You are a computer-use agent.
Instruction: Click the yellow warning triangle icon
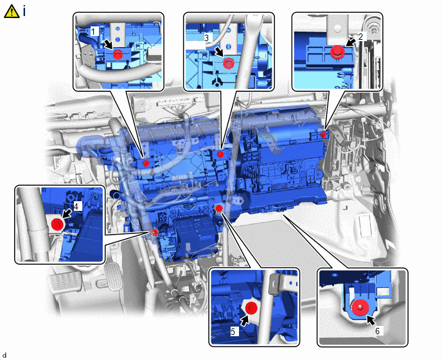tap(12, 12)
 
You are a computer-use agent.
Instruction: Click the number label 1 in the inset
tap(93, 32)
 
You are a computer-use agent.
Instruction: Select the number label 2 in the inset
tap(361, 36)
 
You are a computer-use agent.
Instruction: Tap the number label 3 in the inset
tap(207, 37)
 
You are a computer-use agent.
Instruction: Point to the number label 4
tap(76, 206)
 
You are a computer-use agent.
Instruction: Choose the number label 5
tap(233, 331)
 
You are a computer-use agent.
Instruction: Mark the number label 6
tap(378, 330)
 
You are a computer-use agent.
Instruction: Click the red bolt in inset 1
tap(118, 54)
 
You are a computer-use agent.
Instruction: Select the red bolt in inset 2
tap(337, 51)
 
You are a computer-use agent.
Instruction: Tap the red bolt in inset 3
tap(229, 63)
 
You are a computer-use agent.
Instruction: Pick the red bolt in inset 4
tap(57, 224)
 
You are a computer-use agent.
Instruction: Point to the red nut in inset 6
tap(360, 307)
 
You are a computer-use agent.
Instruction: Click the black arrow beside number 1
tap(107, 44)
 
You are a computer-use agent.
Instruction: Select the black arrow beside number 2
tap(351, 42)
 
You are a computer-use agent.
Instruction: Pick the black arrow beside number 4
tap(67, 213)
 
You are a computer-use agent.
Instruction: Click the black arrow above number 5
tap(245, 321)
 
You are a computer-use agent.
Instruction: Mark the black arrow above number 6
tap(371, 321)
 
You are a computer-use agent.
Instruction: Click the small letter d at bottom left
tap(4, 355)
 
